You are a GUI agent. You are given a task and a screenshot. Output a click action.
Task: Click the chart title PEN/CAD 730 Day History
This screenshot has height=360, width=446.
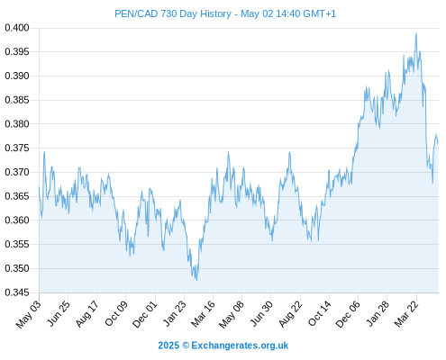coord(173,14)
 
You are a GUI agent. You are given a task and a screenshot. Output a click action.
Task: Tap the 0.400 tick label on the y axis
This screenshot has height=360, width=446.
coord(17,28)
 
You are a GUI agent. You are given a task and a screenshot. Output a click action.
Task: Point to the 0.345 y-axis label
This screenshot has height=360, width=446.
coord(17,292)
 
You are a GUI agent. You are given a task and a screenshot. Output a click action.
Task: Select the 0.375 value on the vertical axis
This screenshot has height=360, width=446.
coord(17,148)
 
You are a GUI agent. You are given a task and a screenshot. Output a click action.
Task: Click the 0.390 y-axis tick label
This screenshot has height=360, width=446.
coord(17,76)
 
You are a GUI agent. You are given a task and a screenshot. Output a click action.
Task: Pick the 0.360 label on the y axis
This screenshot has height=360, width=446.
coord(17,220)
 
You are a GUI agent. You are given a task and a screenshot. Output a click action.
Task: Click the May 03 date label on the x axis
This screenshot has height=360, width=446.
coord(29,314)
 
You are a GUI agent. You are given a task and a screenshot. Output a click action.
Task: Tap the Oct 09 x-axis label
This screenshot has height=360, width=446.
coord(116,313)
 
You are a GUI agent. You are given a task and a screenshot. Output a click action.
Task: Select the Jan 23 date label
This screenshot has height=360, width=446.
coord(175,313)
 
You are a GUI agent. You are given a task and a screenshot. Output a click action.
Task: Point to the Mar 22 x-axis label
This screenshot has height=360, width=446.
coord(406,314)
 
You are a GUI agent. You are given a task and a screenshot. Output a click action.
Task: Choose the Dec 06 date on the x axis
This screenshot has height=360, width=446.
coord(348,314)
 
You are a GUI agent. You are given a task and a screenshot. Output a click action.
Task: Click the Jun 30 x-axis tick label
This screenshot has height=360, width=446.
coord(262,313)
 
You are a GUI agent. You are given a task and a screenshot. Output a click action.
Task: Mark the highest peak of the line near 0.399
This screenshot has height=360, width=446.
coord(416,33)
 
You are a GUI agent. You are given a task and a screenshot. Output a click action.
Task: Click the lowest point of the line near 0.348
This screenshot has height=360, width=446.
coord(196,280)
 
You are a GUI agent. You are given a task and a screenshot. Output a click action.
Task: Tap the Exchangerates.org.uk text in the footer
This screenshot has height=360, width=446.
coord(240,346)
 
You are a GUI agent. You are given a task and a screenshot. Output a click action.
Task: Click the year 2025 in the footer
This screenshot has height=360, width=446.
coord(168,346)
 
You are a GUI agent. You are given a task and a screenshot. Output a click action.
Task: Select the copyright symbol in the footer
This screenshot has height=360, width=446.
coord(186,346)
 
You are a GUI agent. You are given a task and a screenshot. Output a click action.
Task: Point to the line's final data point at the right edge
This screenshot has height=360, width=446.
coord(438,141)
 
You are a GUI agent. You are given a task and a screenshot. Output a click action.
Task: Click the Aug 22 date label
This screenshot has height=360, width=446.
coord(291,314)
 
